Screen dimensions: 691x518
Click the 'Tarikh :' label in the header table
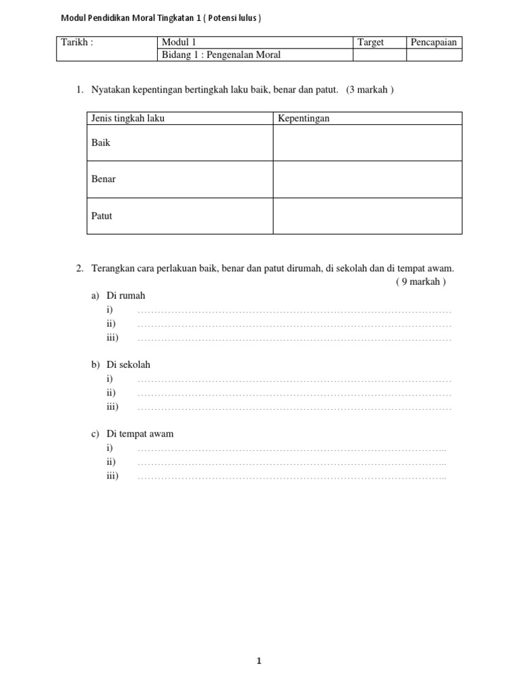77,43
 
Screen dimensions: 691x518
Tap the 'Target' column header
370,43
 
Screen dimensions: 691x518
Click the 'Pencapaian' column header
434,43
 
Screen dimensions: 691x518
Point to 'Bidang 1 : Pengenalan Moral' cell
221,55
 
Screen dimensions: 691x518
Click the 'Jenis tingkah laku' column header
127,119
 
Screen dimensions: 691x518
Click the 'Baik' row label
100,143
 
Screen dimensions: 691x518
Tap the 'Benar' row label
103,179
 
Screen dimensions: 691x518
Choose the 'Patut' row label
102,216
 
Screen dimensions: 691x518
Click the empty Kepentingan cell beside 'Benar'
367,179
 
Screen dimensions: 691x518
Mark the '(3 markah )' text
370,90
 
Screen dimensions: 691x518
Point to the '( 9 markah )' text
421,282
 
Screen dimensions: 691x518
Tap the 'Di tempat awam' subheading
140,434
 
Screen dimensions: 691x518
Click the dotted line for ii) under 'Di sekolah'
294,393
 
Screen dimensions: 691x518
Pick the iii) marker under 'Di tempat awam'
112,476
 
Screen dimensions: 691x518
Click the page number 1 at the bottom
258,661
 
